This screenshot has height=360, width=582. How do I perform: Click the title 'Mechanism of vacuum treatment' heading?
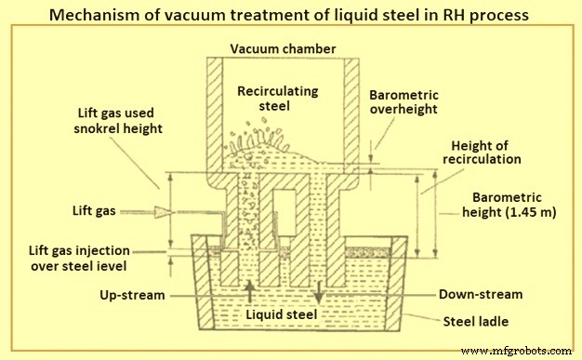coord(290,16)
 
